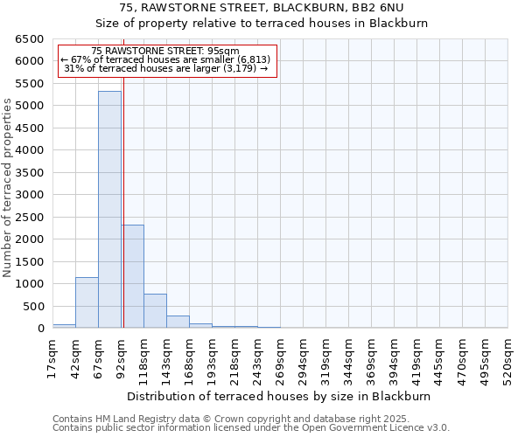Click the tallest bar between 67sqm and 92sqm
(x=109, y=210)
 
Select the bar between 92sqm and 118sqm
(x=132, y=276)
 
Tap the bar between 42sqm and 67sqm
(x=87, y=302)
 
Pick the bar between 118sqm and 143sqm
(x=155, y=311)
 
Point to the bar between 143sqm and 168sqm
(x=178, y=322)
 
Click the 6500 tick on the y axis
(x=30, y=39)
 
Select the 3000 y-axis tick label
(x=30, y=195)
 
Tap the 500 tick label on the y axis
(x=33, y=307)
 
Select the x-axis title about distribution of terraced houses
(x=280, y=396)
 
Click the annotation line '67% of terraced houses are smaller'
(x=166, y=60)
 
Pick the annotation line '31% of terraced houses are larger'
(x=166, y=69)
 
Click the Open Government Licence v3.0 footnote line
(x=251, y=427)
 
